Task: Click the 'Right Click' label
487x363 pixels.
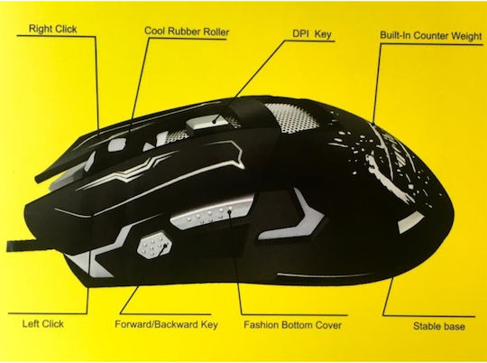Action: [53, 29]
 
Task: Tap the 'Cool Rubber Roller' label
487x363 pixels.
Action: [187, 32]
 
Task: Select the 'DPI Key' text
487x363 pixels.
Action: [312, 34]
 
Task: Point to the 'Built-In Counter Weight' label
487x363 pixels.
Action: [431, 35]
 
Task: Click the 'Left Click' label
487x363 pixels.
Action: [43, 324]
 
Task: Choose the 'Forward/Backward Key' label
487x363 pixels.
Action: [166, 324]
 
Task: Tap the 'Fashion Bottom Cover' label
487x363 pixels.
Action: [292, 325]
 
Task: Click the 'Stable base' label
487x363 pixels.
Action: [439, 326]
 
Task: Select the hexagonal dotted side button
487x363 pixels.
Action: [154, 244]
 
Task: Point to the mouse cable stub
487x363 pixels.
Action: [19, 246]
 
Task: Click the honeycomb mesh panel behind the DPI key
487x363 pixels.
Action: [292, 117]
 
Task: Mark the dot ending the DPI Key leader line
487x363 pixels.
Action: [215, 121]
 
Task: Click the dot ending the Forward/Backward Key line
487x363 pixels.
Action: [165, 246]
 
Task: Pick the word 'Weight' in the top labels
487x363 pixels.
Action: [466, 36]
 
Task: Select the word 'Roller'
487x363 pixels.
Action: [216, 32]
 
